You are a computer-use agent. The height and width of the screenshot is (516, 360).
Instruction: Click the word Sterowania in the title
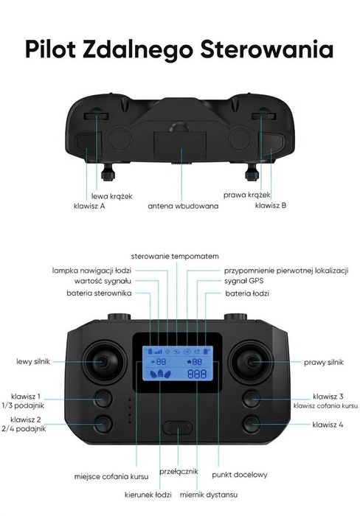pyautogui.click(x=267, y=49)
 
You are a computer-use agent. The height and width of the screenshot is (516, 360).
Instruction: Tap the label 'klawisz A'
pyautogui.click(x=89, y=206)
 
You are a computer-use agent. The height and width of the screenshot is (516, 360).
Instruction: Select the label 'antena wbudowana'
pyautogui.click(x=183, y=206)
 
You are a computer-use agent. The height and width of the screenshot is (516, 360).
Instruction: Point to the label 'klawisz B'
pyautogui.click(x=271, y=206)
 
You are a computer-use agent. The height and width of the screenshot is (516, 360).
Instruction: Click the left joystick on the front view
pyautogui.click(x=104, y=363)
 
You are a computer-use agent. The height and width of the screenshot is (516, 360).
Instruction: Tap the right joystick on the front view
pyautogui.click(x=252, y=363)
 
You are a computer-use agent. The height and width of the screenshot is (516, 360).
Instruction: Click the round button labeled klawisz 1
pyautogui.click(x=104, y=399)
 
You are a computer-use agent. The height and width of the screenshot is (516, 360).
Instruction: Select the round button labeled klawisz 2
pyautogui.click(x=104, y=424)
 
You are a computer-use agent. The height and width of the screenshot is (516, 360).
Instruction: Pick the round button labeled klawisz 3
pyautogui.click(x=252, y=399)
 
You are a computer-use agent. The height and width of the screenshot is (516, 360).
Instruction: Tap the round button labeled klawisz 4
pyautogui.click(x=252, y=424)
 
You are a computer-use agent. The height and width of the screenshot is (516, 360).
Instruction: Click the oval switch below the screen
pyautogui.click(x=177, y=428)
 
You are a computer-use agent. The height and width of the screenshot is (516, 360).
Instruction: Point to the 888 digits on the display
pyautogui.click(x=197, y=374)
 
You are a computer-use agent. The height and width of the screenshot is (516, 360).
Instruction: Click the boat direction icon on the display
pyautogui.click(x=160, y=374)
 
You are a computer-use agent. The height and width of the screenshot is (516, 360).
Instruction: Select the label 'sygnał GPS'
pyautogui.click(x=243, y=281)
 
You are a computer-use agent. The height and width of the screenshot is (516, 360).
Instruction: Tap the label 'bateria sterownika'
pyautogui.click(x=99, y=293)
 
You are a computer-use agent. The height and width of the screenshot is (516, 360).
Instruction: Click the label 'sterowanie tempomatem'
pyautogui.click(x=175, y=256)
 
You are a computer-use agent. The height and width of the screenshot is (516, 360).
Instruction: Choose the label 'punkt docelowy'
pyautogui.click(x=240, y=475)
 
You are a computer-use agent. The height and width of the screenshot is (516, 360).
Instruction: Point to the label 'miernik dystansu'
pyautogui.click(x=209, y=495)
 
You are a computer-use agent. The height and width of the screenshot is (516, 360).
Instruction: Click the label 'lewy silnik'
pyautogui.click(x=33, y=362)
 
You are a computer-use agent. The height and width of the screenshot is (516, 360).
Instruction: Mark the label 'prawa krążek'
pyautogui.click(x=247, y=195)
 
